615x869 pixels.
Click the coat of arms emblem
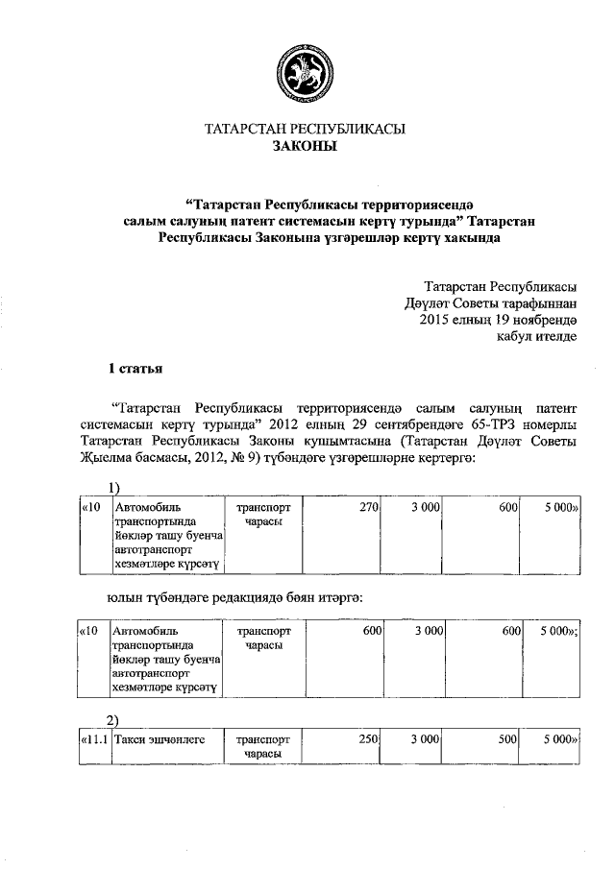click(x=307, y=68)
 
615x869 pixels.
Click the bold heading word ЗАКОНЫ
click(x=307, y=146)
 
